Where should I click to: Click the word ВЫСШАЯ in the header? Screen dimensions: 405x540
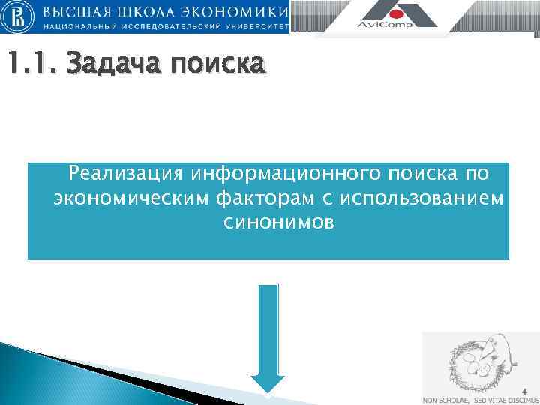click(79, 12)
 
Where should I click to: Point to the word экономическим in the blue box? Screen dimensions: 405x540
click(131, 199)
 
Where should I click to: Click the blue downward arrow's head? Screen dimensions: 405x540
click(267, 382)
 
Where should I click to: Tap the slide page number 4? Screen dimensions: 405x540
click(524, 391)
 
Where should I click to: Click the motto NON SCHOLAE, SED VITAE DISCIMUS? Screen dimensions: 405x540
click(481, 400)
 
